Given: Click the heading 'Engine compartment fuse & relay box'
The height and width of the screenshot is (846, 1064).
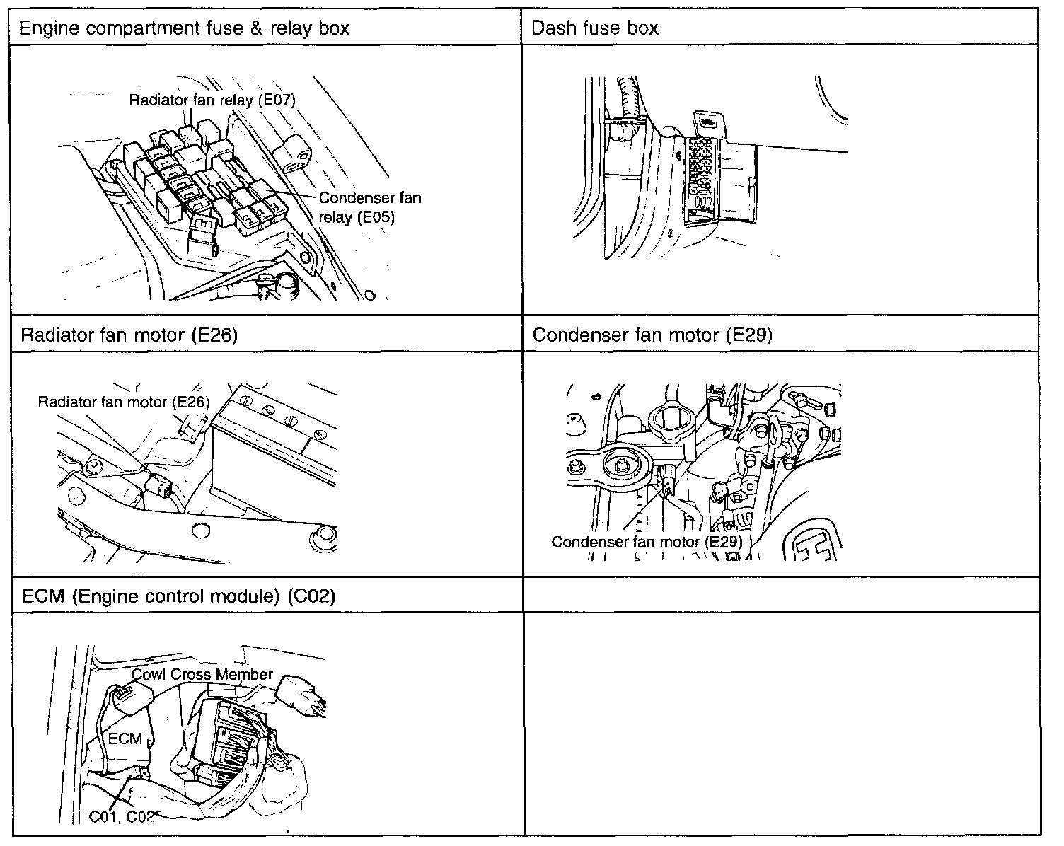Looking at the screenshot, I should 183,28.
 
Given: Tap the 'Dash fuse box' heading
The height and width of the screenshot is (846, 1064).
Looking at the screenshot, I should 595,28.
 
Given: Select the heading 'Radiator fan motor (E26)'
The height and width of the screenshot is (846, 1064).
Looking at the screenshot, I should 129,335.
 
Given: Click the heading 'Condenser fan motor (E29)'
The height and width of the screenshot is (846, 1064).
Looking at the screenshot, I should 652,335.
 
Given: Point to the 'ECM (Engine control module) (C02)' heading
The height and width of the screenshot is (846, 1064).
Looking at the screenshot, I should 178,596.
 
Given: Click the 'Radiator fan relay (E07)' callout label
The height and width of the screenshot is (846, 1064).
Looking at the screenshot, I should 212,100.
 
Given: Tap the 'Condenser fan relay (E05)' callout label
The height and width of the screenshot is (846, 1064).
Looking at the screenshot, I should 369,207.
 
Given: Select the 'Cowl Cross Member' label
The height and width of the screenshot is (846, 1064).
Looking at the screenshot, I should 202,674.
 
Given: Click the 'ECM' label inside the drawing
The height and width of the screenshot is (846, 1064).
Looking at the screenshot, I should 125,738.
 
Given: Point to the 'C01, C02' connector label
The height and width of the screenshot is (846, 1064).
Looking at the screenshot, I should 122,816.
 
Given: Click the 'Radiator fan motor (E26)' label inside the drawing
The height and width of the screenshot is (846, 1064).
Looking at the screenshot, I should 124,402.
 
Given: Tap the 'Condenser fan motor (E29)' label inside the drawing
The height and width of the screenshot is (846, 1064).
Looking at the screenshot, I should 647,543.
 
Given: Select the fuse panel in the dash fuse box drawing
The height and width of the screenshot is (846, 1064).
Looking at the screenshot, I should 701,177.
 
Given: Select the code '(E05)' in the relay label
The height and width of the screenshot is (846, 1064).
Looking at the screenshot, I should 376,216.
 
